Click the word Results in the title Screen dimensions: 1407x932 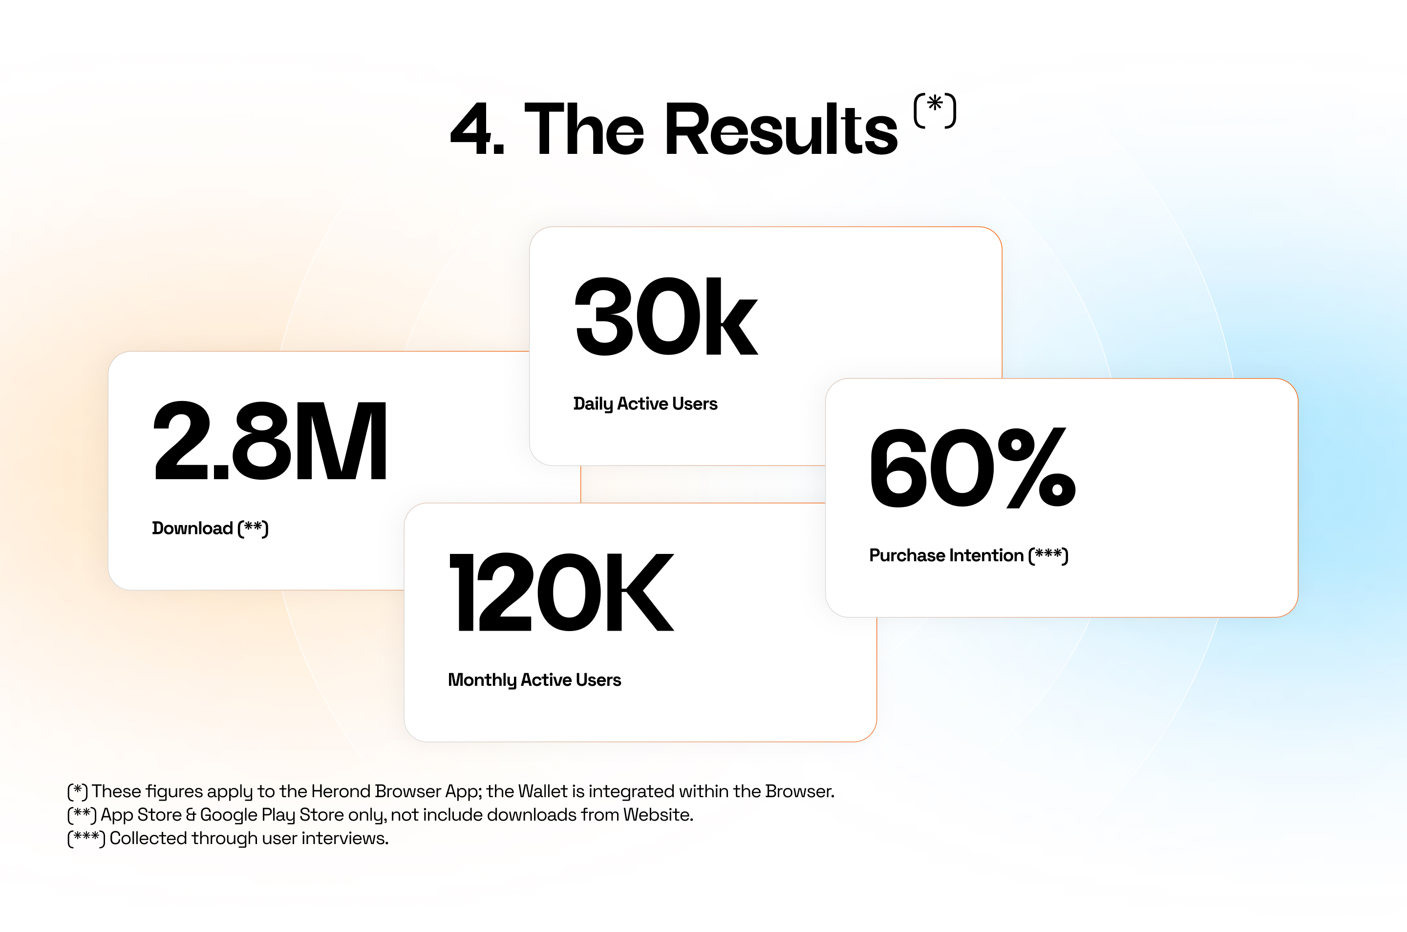point(781,129)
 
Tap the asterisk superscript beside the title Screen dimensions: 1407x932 point(935,110)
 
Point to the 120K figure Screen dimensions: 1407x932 point(562,592)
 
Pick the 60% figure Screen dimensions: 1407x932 point(973,468)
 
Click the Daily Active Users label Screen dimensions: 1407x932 point(645,403)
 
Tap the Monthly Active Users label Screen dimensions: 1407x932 point(534,680)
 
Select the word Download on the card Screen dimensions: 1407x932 point(192,528)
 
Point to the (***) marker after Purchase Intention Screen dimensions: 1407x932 point(1048,555)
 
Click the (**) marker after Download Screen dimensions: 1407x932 point(253,529)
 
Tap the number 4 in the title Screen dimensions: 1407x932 point(470,129)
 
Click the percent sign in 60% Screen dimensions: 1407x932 point(1037,468)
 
